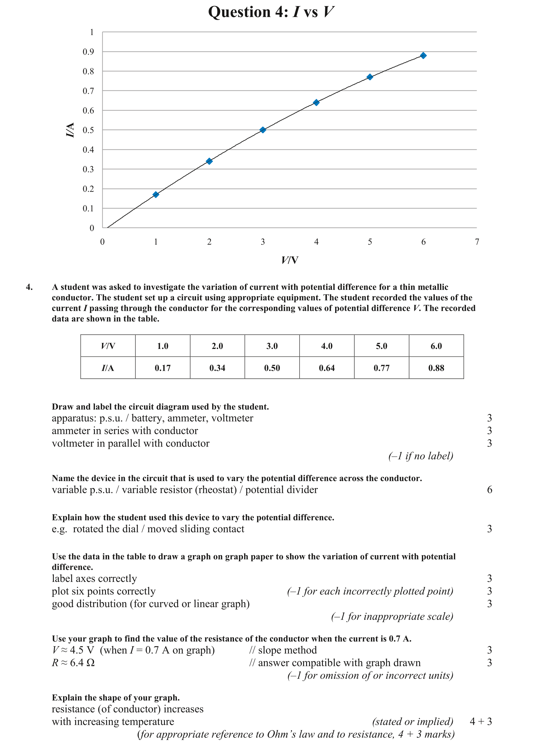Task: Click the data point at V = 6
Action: pos(423,55)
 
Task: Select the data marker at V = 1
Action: pos(156,194)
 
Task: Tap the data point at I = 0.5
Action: pos(263,130)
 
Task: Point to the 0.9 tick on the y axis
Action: pos(88,52)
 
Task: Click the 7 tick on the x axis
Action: pos(477,242)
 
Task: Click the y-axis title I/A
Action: pos(70,130)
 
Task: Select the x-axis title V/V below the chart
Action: pos(290,260)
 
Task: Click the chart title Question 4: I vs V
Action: pos(271,12)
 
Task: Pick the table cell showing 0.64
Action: pos(327,368)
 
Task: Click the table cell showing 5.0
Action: pos(381,346)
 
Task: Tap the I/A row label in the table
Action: pos(108,368)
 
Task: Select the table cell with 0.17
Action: pos(163,368)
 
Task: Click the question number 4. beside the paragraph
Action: pos(29,287)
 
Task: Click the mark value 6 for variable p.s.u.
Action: pos(489,490)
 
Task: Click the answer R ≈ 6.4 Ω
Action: pos(73,662)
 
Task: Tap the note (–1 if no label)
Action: pos(420,456)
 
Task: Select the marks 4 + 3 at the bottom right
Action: pos(481,722)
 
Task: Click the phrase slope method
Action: pos(287,650)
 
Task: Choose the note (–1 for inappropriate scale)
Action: pos(392,616)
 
